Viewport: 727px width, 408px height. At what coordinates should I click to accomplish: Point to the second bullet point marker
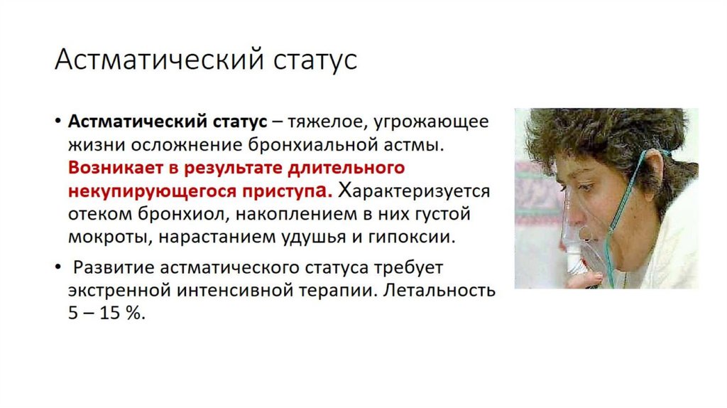58,268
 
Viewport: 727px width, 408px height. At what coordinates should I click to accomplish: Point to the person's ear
651,171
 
